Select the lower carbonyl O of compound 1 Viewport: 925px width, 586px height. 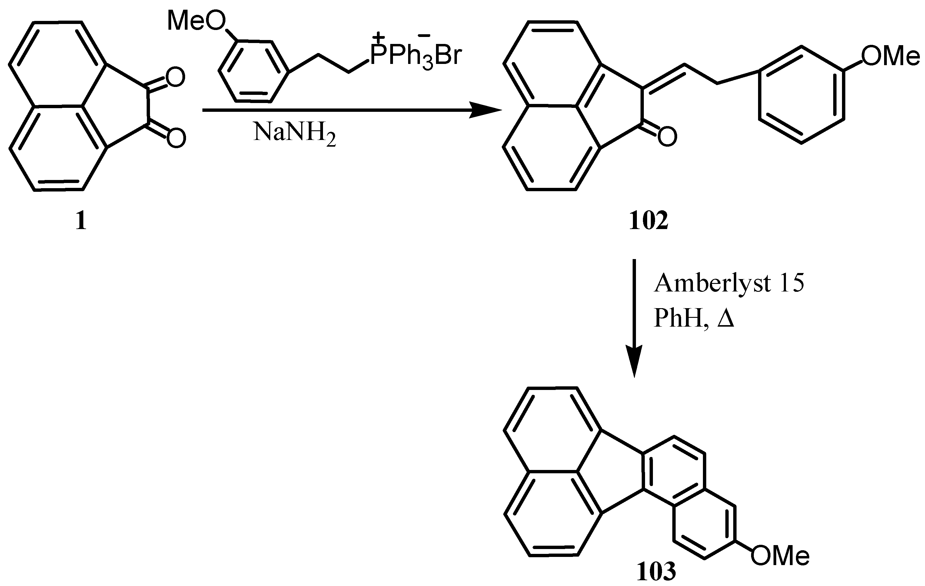click(176, 137)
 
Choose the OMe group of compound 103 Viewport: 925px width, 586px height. click(780, 556)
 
